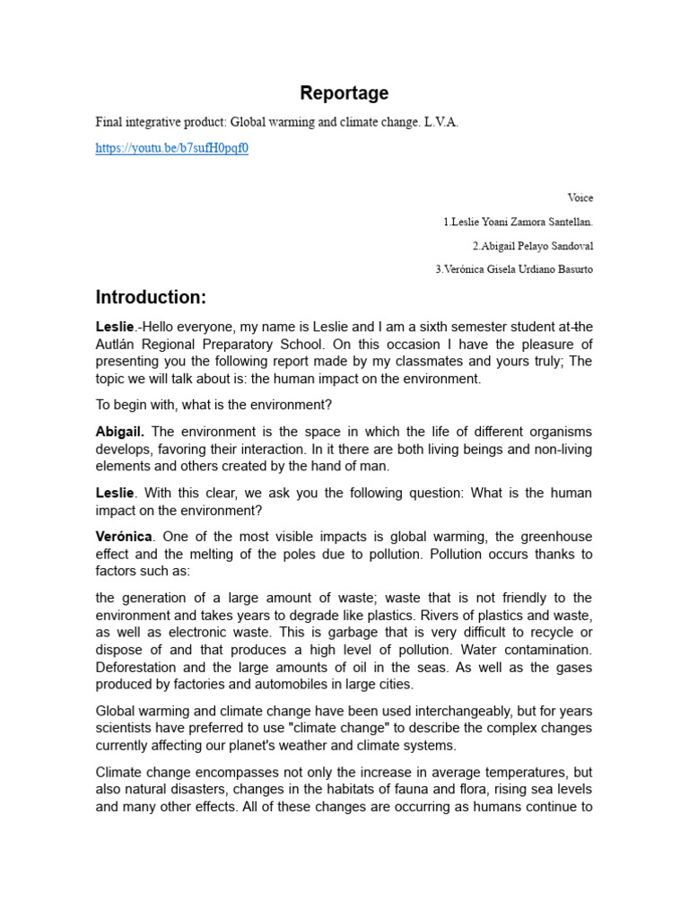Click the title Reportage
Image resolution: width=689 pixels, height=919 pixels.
coord(344,93)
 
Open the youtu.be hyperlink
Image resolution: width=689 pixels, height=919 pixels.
coord(171,148)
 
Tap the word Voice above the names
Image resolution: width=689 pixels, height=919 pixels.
coord(580,197)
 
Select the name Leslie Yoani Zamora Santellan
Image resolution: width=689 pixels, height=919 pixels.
coord(518,222)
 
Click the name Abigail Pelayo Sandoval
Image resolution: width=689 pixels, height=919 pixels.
coord(533,246)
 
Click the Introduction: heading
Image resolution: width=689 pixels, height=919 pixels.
coord(152,298)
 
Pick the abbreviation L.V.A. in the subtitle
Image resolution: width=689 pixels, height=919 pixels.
coord(441,123)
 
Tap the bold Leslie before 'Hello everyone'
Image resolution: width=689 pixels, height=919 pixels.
coord(115,328)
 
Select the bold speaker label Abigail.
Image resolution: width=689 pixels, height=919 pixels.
coord(120,432)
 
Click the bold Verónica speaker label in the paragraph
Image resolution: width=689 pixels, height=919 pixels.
coord(125,537)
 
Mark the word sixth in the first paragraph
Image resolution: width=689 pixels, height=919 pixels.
coord(400,328)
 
